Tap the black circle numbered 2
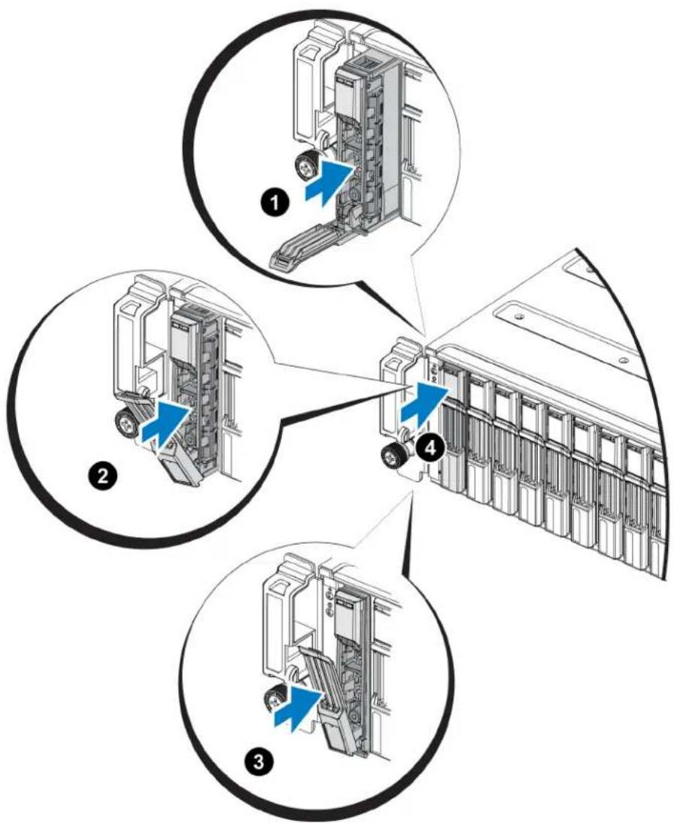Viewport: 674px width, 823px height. [102, 477]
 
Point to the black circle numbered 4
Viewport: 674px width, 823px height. [429, 448]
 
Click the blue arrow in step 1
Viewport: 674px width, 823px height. [327, 183]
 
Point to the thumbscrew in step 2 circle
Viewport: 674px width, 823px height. [126, 421]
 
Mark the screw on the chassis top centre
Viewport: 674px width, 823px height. [623, 360]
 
